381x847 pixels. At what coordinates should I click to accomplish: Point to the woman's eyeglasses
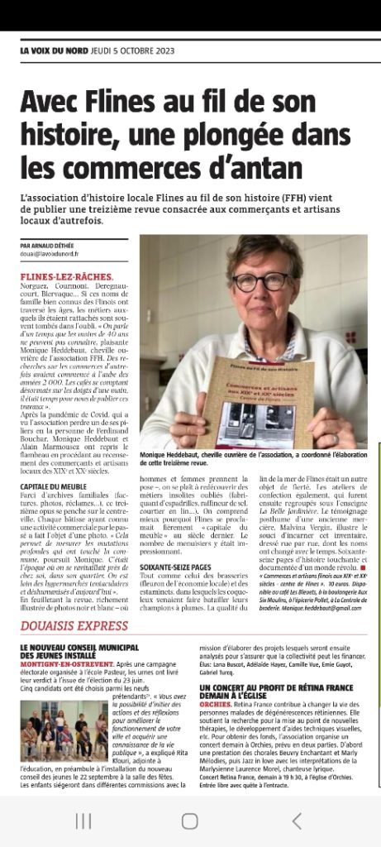point(260,280)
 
